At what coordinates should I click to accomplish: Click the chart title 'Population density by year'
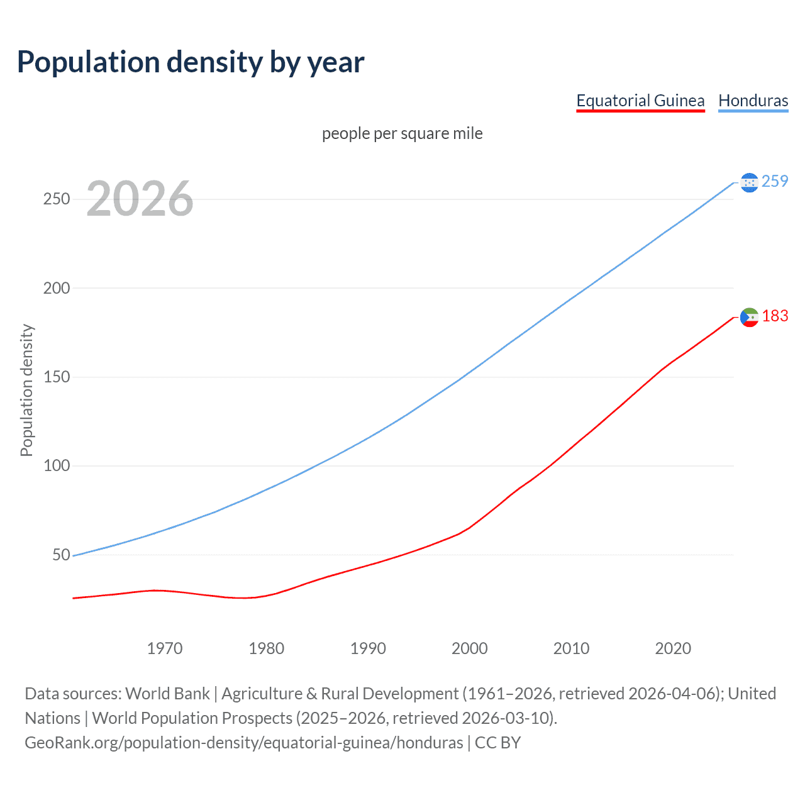[191, 62]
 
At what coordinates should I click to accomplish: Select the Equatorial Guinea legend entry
[640, 101]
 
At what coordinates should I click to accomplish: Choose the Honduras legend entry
[753, 101]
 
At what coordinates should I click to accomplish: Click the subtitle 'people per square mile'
[402, 133]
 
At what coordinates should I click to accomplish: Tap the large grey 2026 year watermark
[140, 199]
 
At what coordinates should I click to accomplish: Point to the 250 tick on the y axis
[57, 199]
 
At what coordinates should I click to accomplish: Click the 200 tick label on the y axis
[57, 288]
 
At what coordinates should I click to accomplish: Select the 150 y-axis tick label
[57, 377]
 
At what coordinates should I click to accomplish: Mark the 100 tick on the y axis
[57, 466]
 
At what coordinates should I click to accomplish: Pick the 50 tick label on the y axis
[61, 555]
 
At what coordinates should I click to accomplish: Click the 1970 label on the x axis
[165, 648]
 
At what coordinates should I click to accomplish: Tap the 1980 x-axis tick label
[266, 648]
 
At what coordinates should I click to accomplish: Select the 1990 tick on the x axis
[368, 648]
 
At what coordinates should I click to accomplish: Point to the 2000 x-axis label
[470, 648]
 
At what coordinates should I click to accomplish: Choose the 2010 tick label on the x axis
[571, 648]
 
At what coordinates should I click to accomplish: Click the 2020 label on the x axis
[673, 648]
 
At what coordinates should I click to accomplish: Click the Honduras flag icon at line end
[749, 182]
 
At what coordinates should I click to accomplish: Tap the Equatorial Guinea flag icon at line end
[749, 317]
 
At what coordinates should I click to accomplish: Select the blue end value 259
[775, 181]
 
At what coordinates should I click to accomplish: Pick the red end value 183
[775, 316]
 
